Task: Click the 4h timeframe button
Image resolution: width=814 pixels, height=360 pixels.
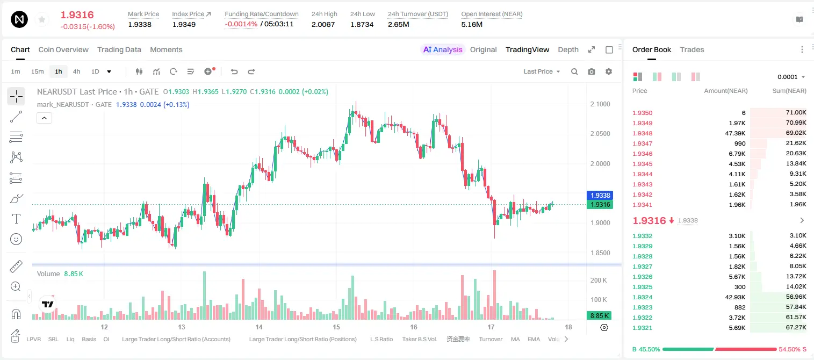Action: pyautogui.click(x=76, y=71)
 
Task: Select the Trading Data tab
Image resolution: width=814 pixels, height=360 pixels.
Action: pyautogui.click(x=119, y=49)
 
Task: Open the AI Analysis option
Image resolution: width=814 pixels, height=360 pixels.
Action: pyautogui.click(x=443, y=49)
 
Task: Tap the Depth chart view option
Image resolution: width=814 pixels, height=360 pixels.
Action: pyautogui.click(x=568, y=49)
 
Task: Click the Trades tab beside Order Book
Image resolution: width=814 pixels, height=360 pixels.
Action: pyautogui.click(x=692, y=49)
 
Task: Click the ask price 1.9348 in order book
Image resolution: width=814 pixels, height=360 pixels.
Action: pyautogui.click(x=643, y=133)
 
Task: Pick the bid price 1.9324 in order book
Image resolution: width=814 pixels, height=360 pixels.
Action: pyautogui.click(x=643, y=297)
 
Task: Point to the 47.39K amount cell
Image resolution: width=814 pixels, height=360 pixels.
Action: pyautogui.click(x=735, y=133)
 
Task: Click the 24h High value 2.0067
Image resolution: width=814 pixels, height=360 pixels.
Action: pyautogui.click(x=323, y=24)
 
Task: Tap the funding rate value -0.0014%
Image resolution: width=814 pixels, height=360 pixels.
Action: pyautogui.click(x=241, y=24)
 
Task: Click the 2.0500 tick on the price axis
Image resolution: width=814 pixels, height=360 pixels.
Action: pyautogui.click(x=600, y=134)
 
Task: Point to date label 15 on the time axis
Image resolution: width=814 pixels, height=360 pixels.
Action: pyautogui.click(x=336, y=327)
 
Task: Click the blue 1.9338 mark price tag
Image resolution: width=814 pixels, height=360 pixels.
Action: pyautogui.click(x=600, y=195)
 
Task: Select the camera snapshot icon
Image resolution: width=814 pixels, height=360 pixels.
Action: pyautogui.click(x=592, y=71)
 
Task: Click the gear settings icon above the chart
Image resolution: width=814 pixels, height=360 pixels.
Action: pyautogui.click(x=609, y=71)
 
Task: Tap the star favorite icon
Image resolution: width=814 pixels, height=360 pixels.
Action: pyautogui.click(x=42, y=19)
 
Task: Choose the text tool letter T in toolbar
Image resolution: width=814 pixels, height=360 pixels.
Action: pyautogui.click(x=16, y=219)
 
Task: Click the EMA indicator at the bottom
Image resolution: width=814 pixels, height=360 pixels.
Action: pyautogui.click(x=534, y=339)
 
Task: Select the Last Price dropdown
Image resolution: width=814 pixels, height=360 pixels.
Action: pyautogui.click(x=542, y=71)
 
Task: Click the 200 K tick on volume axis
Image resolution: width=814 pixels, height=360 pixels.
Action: pyautogui.click(x=599, y=280)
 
